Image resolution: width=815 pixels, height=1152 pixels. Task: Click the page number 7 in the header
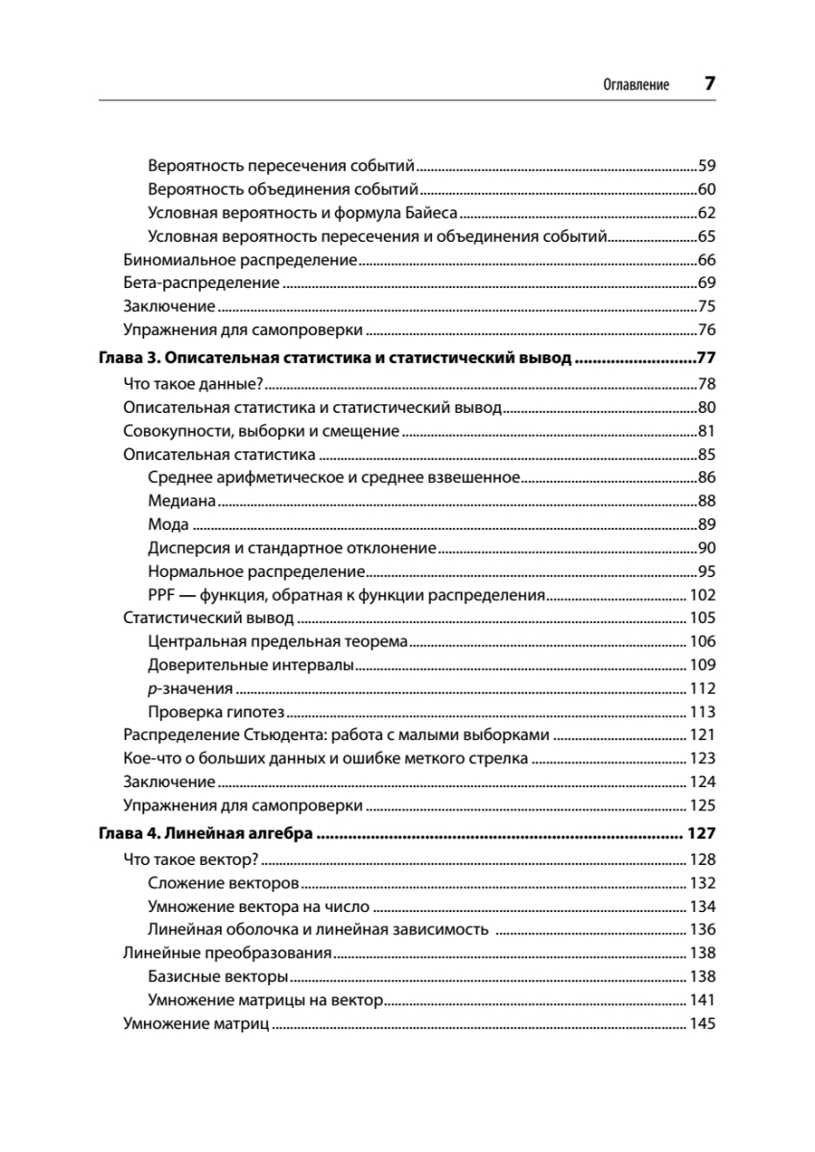click(709, 83)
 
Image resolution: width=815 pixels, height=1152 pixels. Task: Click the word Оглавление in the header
click(635, 84)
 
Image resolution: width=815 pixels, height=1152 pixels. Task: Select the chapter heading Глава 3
click(336, 360)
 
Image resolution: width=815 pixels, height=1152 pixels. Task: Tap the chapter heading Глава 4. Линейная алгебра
click(208, 834)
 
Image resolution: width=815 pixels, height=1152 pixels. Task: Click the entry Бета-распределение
click(202, 283)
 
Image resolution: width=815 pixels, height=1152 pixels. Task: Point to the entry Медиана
click(181, 500)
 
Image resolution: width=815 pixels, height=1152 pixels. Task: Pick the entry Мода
click(168, 524)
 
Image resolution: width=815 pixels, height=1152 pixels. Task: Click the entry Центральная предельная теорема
click(278, 641)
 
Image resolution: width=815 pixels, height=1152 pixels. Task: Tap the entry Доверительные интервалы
click(252, 664)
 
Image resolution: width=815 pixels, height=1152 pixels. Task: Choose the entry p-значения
click(191, 688)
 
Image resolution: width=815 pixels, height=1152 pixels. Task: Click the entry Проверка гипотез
click(218, 712)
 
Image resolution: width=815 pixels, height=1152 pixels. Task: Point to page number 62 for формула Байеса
click(707, 213)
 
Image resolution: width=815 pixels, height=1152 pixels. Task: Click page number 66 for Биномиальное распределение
click(707, 260)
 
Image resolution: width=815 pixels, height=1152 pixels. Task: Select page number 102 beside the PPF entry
click(703, 595)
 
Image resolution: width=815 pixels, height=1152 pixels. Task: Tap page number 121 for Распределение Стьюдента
click(703, 735)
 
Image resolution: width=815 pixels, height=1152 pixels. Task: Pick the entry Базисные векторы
click(219, 977)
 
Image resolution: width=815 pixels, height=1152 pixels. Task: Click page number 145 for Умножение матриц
click(703, 1024)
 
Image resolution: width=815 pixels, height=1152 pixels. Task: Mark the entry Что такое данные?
click(193, 384)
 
